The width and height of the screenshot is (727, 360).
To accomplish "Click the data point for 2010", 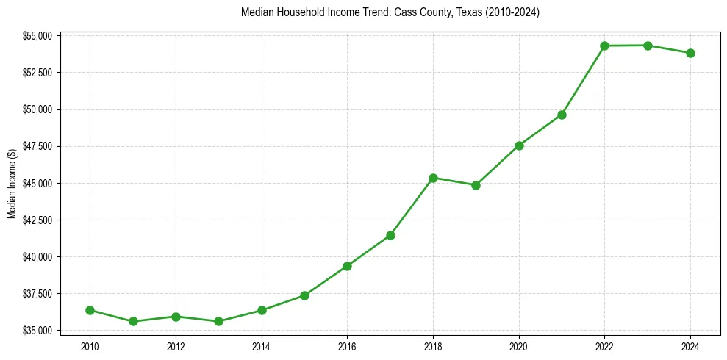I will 90,310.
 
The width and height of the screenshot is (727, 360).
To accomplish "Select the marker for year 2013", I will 218,321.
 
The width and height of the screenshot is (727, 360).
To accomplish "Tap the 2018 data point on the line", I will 433,178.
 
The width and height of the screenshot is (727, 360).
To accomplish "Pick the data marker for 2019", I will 476,185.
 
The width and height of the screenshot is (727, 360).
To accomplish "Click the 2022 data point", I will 604,46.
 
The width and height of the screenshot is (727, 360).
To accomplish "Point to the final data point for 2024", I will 690,53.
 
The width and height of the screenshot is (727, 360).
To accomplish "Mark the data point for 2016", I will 347,266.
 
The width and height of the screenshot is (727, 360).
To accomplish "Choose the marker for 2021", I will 562,115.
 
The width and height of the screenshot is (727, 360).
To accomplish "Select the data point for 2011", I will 133,321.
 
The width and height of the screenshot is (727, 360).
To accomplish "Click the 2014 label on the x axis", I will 261,346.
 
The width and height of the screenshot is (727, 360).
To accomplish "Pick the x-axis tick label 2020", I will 518,346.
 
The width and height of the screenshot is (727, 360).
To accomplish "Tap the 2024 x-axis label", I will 690,346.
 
